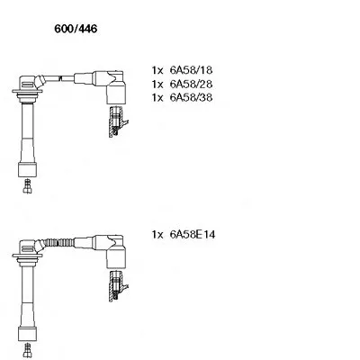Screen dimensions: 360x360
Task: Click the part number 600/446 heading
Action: (76, 29)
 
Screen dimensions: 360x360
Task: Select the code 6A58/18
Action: (191, 70)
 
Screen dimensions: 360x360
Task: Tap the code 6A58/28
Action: (191, 84)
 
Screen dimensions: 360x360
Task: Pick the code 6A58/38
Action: (191, 97)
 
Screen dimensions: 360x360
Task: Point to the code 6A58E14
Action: (193, 234)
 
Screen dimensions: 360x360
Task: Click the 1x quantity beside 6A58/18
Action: (157, 70)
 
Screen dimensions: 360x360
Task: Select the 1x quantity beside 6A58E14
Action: (157, 235)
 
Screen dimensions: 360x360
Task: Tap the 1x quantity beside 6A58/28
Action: (157, 85)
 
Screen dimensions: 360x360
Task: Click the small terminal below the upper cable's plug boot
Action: (28, 186)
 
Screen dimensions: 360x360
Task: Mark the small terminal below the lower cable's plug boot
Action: (28, 351)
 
